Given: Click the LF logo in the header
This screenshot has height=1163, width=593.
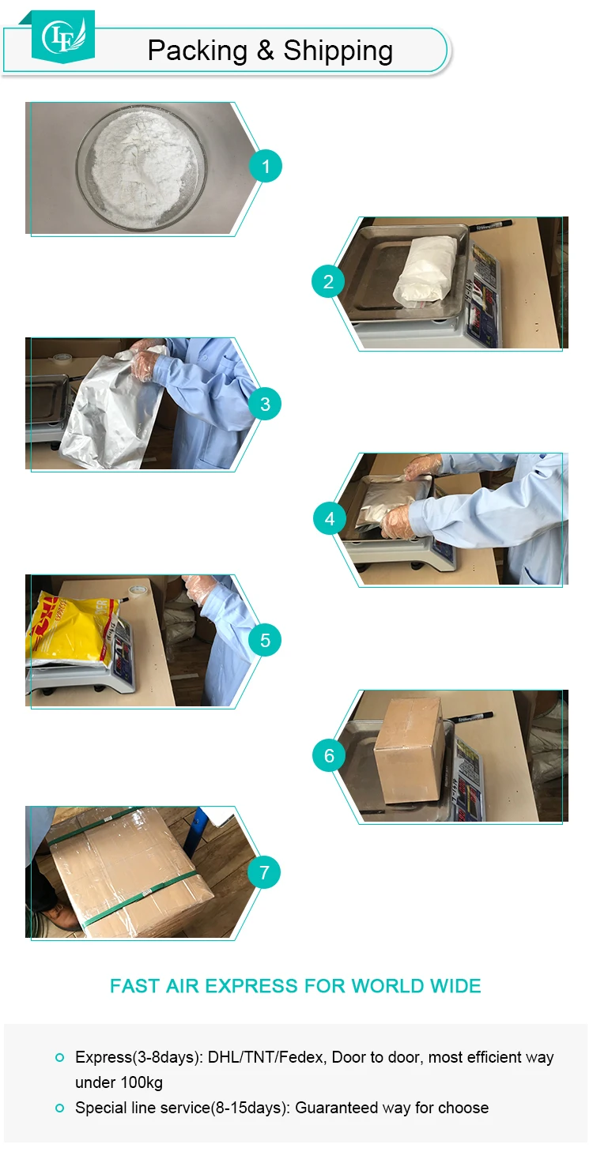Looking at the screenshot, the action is (x=63, y=36).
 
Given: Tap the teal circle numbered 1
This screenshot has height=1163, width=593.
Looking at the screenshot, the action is (x=266, y=166).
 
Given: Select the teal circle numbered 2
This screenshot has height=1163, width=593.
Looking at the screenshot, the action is (x=328, y=281).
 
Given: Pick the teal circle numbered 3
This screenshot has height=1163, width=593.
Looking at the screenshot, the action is (x=265, y=404).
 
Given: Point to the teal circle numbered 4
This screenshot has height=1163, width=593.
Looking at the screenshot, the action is (x=330, y=518).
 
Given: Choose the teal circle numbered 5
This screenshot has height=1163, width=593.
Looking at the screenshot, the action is (x=265, y=640).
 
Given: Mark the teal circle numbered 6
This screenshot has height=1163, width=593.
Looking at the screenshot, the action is (x=329, y=755).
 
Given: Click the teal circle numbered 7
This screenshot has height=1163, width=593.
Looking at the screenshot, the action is (x=264, y=871).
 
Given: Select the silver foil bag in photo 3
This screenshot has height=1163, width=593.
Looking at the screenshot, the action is (x=111, y=410).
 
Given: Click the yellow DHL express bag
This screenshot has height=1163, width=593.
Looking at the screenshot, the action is (x=73, y=629).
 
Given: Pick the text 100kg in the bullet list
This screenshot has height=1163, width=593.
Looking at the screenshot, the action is (x=141, y=1082).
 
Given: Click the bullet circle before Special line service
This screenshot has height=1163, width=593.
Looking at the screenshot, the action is (x=60, y=1108).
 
